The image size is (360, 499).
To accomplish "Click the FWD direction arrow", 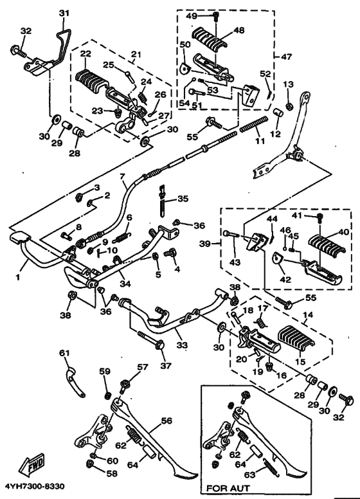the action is tap(32, 465).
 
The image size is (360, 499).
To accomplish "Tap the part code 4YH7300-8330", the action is tap(34, 487).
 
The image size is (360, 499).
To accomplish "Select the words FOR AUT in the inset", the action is tap(228, 488).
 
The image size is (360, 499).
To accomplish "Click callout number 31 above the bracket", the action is tap(64, 13).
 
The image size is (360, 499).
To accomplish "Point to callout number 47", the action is tap(286, 57).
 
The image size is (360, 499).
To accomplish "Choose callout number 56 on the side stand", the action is tap(166, 421).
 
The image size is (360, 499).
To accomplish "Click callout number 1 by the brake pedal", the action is tap(18, 277).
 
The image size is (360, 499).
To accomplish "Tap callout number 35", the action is tap(183, 199).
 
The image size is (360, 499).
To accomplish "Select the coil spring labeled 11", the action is tap(253, 125).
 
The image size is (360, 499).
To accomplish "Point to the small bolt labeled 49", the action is tap(215, 16).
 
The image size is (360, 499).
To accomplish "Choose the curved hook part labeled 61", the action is tap(75, 382).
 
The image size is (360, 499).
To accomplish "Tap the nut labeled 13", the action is tap(289, 107).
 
